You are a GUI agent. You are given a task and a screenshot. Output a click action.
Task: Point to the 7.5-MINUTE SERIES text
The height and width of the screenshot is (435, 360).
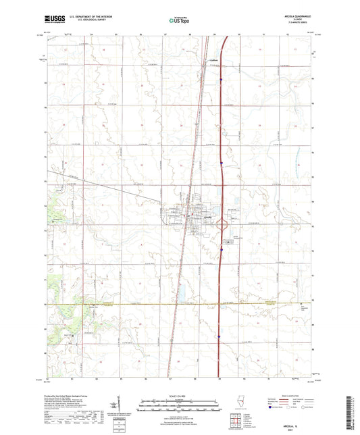pyautogui.click(x=304, y=24)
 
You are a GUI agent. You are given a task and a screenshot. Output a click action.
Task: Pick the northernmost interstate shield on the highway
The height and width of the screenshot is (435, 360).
pyautogui.click(x=221, y=80)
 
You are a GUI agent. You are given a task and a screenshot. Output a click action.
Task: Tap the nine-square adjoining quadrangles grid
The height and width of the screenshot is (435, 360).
pyautogui.click(x=236, y=424)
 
